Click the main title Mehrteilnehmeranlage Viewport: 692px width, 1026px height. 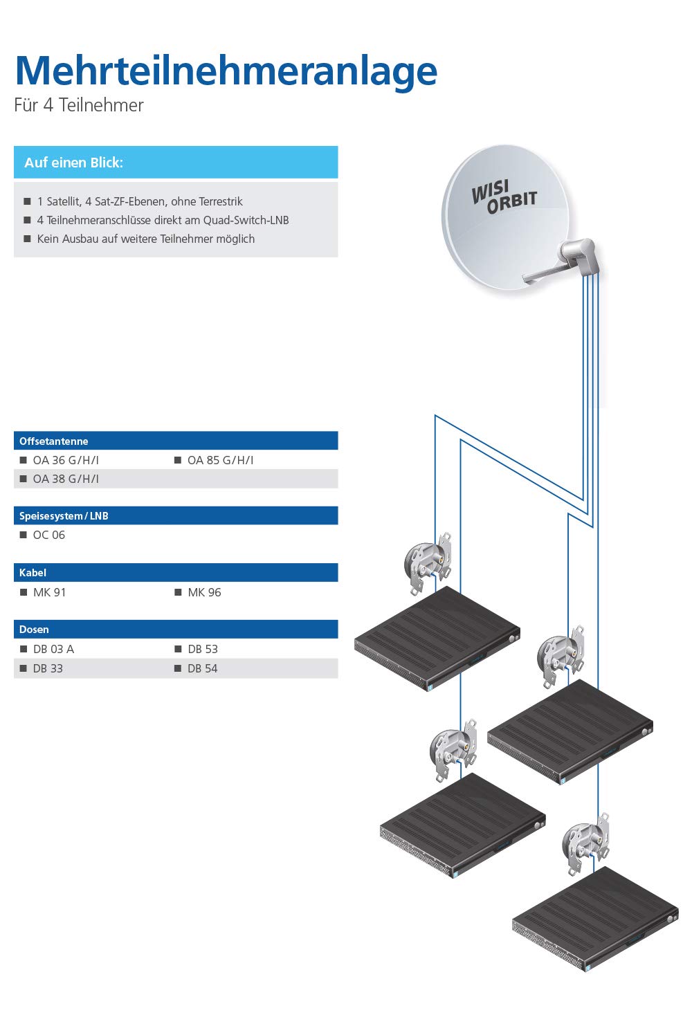(226, 71)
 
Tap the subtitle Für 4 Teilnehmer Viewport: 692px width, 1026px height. (79, 105)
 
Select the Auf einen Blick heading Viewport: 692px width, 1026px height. (74, 163)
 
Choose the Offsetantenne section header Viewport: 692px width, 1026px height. (53, 441)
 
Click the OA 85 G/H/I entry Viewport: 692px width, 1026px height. (221, 460)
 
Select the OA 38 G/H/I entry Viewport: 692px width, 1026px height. (66, 479)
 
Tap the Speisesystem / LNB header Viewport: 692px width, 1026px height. (64, 515)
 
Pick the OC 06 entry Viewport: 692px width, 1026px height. (49, 535)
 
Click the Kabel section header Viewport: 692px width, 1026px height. (33, 573)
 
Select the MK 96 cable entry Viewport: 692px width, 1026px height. (204, 592)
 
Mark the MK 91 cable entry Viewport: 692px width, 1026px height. (50, 592)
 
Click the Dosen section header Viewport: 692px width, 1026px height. (34, 630)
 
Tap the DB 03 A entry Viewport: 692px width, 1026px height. (53, 649)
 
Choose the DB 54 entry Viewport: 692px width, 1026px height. (203, 668)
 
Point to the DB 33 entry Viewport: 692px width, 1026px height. (48, 668)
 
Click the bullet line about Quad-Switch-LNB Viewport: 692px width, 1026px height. (163, 220)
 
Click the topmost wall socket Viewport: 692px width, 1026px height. (428, 563)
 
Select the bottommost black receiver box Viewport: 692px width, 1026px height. (595, 917)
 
